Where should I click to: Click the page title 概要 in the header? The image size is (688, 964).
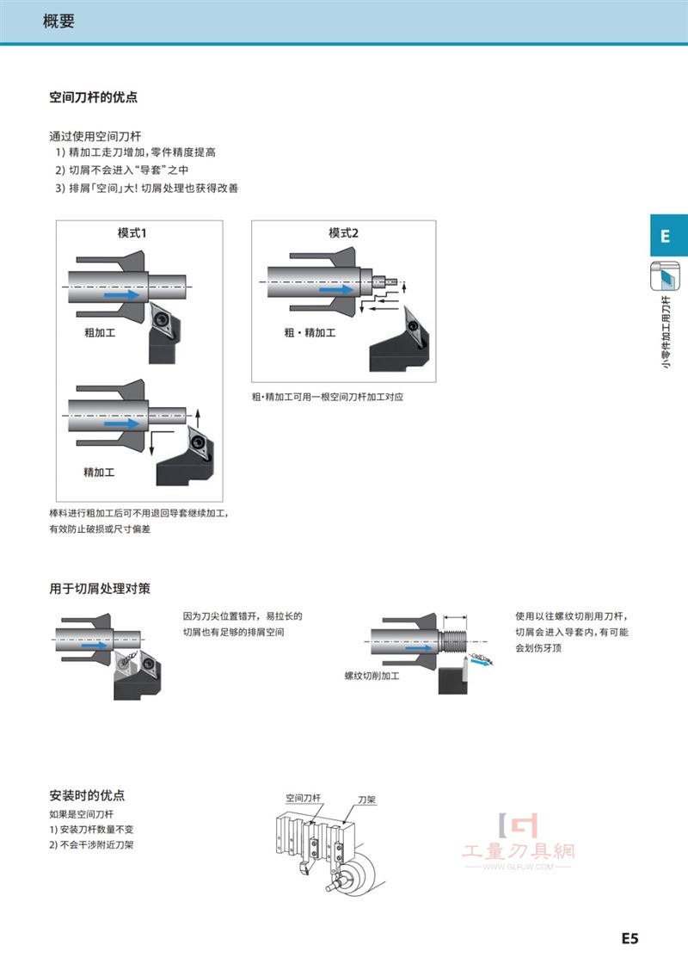(58, 21)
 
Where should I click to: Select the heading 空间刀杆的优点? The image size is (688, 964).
(94, 97)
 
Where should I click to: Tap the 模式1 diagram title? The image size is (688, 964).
(132, 233)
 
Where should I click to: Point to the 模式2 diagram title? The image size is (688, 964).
(343, 233)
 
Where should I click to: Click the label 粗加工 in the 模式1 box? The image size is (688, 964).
(100, 332)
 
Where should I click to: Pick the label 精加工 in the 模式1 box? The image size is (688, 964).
(99, 473)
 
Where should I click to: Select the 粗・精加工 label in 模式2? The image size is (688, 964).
(310, 332)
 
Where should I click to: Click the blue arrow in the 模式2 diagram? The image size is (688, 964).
(336, 289)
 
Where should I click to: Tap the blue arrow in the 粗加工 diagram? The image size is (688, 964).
(121, 295)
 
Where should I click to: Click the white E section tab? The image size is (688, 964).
(666, 236)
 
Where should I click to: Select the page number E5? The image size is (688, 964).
(630, 938)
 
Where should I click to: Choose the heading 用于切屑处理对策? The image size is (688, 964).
(100, 589)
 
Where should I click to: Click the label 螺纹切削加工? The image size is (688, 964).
(372, 676)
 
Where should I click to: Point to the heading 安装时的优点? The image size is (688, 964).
(87, 795)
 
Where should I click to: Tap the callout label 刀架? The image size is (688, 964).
(366, 800)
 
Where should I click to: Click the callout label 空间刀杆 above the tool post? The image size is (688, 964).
(304, 798)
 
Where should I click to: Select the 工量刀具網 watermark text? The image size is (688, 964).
(519, 851)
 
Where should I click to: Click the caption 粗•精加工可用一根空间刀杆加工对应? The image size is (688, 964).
(328, 397)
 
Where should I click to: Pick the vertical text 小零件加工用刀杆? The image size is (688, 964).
(666, 332)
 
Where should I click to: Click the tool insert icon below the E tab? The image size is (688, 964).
(666, 276)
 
